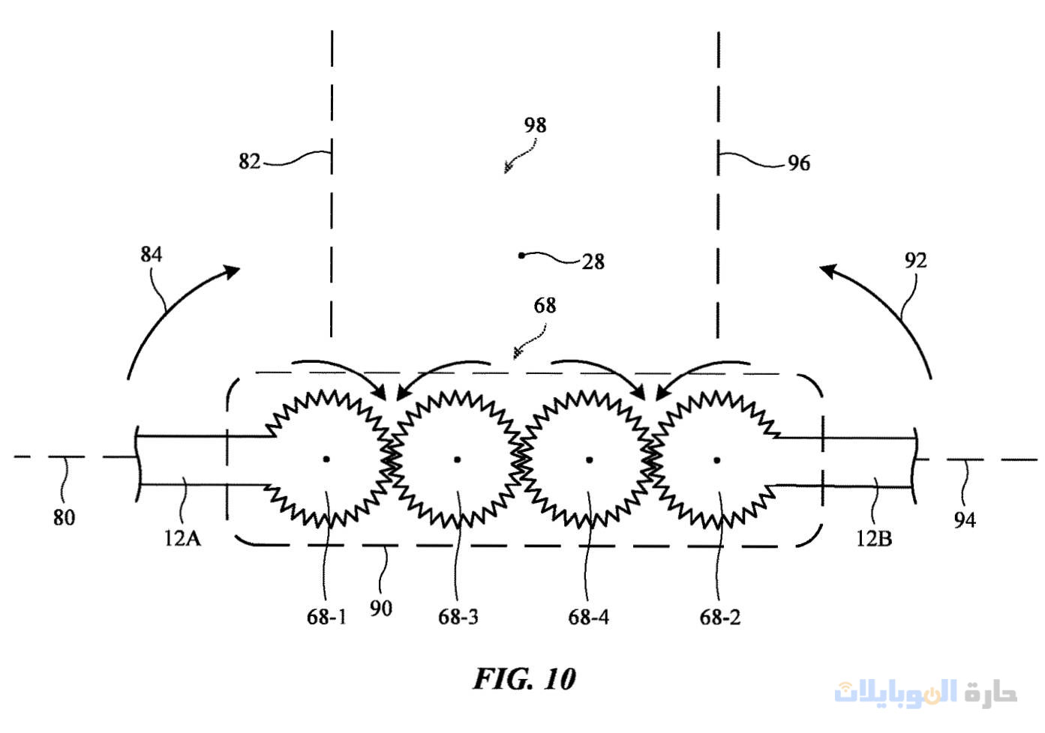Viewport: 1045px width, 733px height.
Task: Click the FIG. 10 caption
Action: pos(524,679)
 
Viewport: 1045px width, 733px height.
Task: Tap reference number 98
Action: pos(535,124)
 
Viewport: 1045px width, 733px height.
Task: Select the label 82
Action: pos(249,161)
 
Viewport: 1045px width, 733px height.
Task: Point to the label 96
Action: pos(798,163)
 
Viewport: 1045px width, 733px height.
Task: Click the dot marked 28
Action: pos(521,256)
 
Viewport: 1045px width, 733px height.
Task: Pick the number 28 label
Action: pos(593,262)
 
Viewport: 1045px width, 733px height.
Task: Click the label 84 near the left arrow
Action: pos(151,254)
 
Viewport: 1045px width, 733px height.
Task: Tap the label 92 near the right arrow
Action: pos(915,260)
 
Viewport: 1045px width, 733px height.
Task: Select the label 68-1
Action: pos(326,617)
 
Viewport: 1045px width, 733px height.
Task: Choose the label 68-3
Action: pos(458,617)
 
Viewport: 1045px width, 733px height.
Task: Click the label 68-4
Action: pos(588,617)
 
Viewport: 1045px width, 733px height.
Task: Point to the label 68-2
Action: pos(719,617)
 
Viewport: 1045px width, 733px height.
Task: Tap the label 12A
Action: pos(182,537)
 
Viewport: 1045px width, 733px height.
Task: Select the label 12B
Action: pos(873,538)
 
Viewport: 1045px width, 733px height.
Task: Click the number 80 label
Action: pos(64,517)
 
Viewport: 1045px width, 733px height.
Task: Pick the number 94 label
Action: pos(964,519)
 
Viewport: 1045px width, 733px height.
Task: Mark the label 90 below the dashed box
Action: pos(380,608)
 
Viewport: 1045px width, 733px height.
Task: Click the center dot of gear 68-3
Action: pos(457,459)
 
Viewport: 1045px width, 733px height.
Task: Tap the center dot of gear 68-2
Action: pos(717,459)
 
